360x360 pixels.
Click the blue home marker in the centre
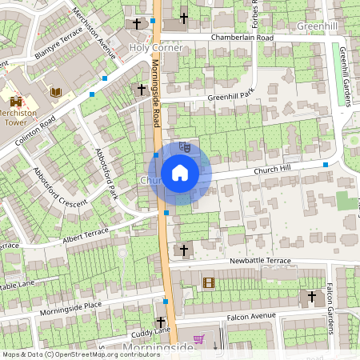[180, 173]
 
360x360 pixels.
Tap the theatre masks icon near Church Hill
[185, 147]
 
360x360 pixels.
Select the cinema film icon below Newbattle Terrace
[209, 282]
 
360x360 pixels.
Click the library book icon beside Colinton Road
[56, 93]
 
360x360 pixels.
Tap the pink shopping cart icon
[199, 339]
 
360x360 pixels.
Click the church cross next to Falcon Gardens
[312, 297]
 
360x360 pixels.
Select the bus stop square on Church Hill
[326, 165]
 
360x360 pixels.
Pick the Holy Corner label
[156, 48]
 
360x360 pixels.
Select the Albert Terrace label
[85, 234]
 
